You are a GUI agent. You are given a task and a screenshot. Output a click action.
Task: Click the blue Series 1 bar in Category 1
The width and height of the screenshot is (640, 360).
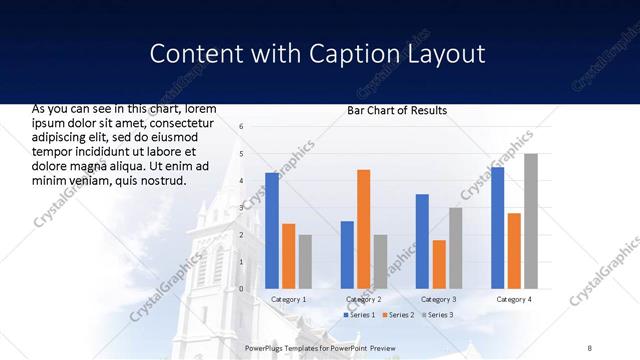coord(272,231)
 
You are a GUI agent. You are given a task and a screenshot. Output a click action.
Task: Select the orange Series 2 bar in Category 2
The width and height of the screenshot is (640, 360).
coord(363,229)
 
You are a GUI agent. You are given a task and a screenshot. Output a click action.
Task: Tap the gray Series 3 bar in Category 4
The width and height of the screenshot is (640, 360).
coord(530,221)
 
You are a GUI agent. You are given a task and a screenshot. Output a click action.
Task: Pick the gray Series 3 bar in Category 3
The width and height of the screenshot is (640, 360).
coord(455,248)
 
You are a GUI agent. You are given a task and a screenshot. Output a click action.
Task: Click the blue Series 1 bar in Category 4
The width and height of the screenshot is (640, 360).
coord(497,228)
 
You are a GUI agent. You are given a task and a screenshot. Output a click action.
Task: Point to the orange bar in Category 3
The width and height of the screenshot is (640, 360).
coord(439,264)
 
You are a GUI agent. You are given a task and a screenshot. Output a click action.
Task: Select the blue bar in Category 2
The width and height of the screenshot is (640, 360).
coord(347,255)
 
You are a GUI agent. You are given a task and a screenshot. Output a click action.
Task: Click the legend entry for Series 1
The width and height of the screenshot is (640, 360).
coord(360,315)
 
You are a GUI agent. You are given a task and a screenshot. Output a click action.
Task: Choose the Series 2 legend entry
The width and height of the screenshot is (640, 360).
coord(398,315)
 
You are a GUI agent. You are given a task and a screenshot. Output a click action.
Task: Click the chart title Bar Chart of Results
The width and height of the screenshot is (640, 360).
coord(397,110)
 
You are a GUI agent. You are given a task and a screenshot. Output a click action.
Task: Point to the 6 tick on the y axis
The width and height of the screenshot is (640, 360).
coord(242,127)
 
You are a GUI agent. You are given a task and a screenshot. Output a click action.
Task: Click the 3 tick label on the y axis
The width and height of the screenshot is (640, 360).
coord(242,208)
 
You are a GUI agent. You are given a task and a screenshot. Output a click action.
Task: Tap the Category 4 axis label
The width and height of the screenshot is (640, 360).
coord(513,299)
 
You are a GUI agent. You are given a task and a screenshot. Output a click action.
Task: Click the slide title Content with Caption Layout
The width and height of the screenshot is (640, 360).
coord(317,53)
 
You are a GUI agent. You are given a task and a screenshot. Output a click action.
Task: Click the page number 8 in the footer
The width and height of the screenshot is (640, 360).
coord(590,348)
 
